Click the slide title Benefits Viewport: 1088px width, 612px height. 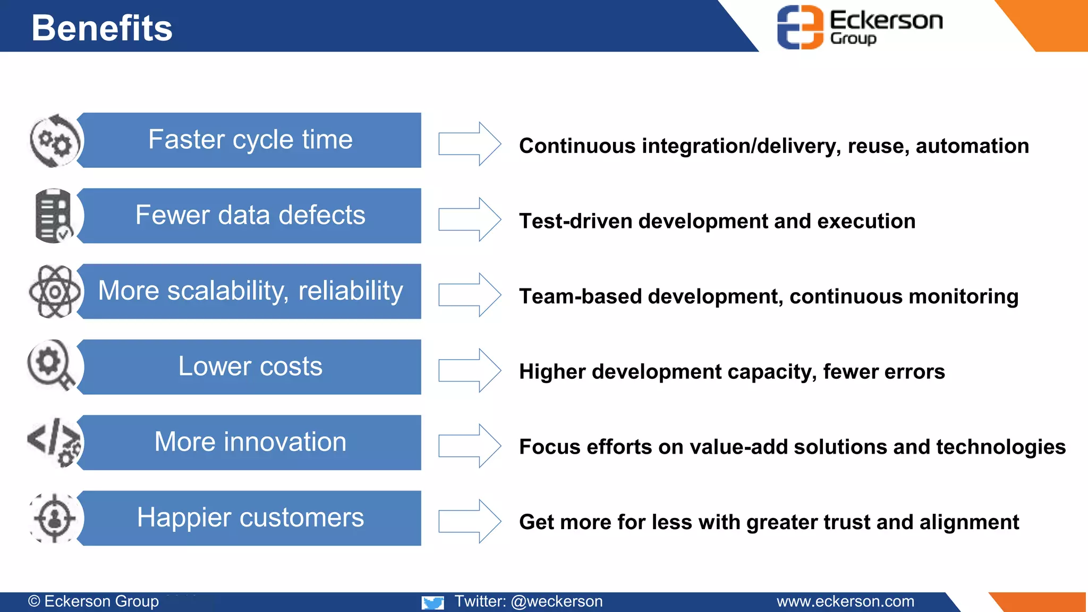click(102, 28)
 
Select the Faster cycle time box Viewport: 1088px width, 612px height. click(250, 140)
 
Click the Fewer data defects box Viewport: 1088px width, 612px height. click(250, 216)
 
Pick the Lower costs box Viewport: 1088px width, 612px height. click(250, 367)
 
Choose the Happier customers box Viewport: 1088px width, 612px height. click(250, 518)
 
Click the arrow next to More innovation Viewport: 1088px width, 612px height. click(470, 446)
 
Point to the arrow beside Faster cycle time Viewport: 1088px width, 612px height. click(470, 143)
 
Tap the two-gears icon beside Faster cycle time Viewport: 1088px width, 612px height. click(55, 141)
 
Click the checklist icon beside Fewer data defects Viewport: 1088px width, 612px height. click(54, 216)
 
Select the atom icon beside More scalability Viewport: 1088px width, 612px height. click(55, 291)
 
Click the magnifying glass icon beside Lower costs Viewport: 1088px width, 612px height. click(51, 365)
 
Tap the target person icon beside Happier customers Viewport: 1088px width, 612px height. click(54, 518)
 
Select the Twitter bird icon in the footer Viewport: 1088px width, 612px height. click(433, 602)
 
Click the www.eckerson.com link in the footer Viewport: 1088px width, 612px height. click(845, 601)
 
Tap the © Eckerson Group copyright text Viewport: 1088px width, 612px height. click(93, 601)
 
